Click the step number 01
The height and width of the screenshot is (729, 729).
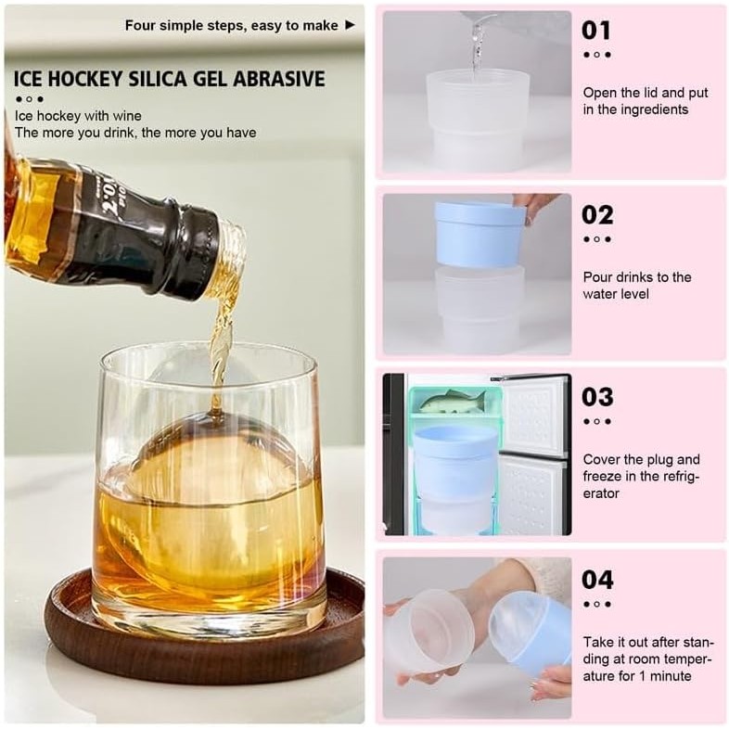pyautogui.click(x=596, y=31)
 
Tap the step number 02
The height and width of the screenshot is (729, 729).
pyautogui.click(x=597, y=215)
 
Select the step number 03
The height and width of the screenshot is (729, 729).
pyautogui.click(x=597, y=398)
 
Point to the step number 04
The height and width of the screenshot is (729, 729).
pyautogui.click(x=597, y=581)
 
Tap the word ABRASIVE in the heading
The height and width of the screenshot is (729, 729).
pyautogui.click(x=278, y=79)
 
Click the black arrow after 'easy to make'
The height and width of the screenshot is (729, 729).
pyautogui.click(x=350, y=25)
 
